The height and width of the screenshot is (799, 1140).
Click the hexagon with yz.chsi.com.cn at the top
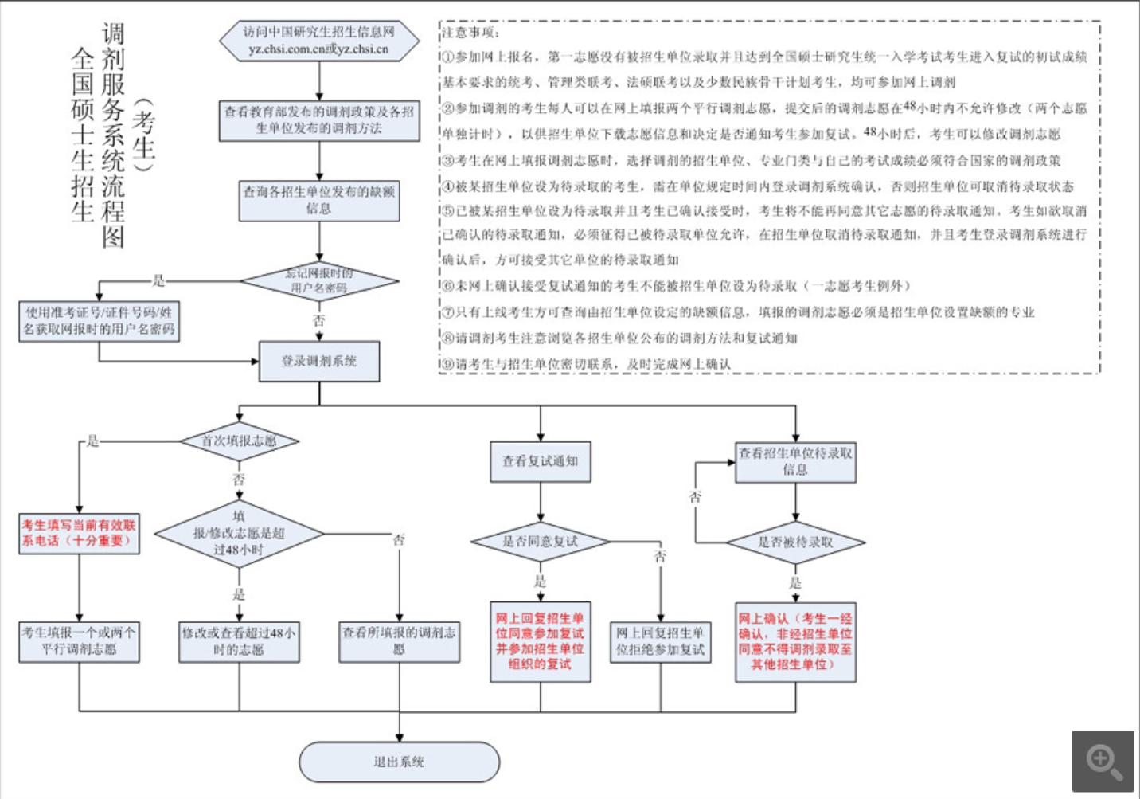(319, 41)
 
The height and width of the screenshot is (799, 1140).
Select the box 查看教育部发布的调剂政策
(319, 120)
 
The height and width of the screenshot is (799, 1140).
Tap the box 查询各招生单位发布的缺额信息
(319, 201)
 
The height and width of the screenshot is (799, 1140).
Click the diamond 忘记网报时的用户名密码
(319, 280)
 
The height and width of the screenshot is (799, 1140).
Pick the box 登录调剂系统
(319, 361)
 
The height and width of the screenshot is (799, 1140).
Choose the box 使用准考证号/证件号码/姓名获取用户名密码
(99, 321)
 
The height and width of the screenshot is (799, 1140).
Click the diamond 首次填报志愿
(239, 441)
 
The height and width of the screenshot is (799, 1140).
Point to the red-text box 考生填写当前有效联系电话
(79, 533)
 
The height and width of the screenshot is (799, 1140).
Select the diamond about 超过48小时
(239, 533)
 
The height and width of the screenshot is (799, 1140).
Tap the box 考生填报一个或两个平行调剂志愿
(79, 641)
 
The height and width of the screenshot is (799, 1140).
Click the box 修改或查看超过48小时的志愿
(239, 641)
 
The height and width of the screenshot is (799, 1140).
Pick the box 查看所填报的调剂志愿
(399, 641)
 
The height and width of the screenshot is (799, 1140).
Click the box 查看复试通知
(541, 461)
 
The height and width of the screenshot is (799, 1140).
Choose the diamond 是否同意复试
(541, 542)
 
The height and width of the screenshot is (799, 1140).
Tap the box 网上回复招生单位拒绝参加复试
(660, 641)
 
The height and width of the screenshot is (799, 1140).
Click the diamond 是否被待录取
(795, 542)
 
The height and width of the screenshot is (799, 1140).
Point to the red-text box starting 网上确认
(795, 641)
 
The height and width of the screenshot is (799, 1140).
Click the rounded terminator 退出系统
(399, 762)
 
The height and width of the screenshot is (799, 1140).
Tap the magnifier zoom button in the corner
(1103, 762)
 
